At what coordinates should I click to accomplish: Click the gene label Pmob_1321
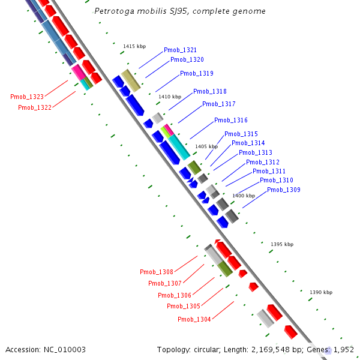(x=180, y=50)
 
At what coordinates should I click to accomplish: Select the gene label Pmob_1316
(x=230, y=121)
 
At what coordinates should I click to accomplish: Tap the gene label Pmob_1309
(x=283, y=190)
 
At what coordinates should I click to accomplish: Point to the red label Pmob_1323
(x=27, y=97)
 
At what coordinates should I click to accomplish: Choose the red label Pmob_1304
(x=194, y=320)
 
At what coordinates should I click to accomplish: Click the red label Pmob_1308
(x=156, y=272)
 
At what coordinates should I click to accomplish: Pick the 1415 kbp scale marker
(x=134, y=46)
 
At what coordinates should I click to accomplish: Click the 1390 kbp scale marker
(x=320, y=292)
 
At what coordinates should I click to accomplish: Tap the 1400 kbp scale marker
(x=244, y=196)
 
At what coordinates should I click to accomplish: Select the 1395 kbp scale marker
(x=282, y=244)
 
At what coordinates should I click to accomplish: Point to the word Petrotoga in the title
(x=114, y=11)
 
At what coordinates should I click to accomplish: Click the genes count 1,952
(x=343, y=349)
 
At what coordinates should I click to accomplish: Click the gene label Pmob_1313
(x=255, y=153)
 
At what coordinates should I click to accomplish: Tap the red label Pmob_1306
(x=175, y=295)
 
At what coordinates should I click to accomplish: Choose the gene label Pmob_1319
(x=196, y=74)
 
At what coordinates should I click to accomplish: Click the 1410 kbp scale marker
(x=170, y=97)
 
